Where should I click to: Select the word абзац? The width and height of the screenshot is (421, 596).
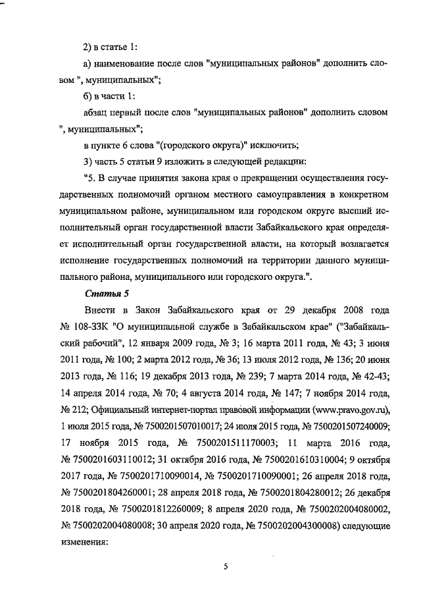98,113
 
